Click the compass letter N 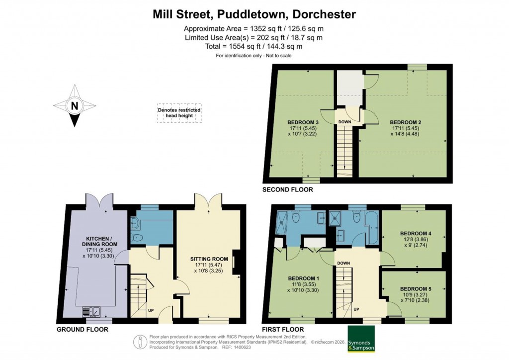(x=74, y=105)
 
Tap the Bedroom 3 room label (x=303, y=122)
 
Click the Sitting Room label (x=209, y=259)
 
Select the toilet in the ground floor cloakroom (x=137, y=238)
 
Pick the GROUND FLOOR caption (x=82, y=329)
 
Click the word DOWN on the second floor (x=345, y=122)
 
